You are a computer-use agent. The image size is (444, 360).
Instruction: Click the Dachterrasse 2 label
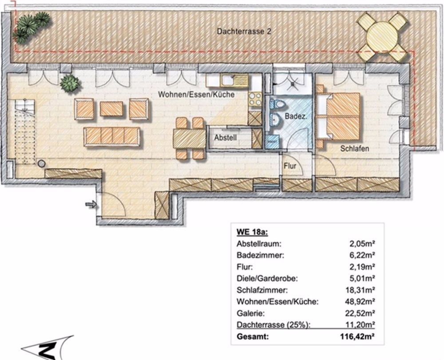pyautogui.click(x=244, y=32)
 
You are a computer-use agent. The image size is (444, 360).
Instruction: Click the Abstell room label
pyautogui.click(x=226, y=138)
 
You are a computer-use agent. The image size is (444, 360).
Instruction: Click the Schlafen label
pyautogui.click(x=355, y=149)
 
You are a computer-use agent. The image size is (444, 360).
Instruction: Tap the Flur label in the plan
pyautogui.click(x=290, y=166)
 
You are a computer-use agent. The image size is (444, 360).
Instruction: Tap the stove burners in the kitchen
pyautogui.click(x=255, y=99)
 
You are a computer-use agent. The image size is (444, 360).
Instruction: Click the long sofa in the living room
pyautogui.click(x=112, y=136)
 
